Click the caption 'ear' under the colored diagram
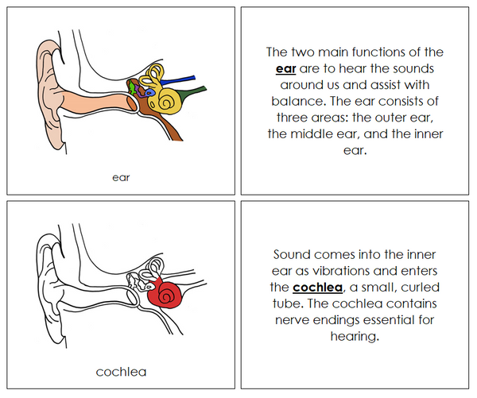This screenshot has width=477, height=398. click(121, 177)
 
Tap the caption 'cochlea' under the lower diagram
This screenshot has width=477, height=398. click(121, 371)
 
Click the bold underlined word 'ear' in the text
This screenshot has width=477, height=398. click(285, 69)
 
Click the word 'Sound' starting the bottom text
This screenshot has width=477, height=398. click(293, 254)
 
